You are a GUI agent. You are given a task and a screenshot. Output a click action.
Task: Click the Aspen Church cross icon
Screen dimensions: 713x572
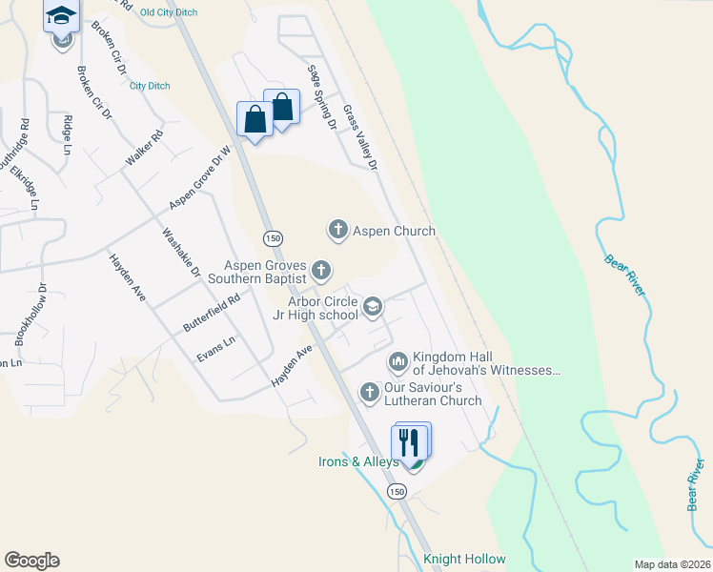(x=337, y=230)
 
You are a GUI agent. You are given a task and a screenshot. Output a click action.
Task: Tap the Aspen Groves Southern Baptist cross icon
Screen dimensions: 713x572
(x=322, y=271)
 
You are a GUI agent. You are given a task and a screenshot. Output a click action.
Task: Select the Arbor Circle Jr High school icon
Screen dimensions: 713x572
(x=373, y=306)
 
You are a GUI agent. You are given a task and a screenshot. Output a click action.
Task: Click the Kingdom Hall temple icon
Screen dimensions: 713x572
(x=397, y=361)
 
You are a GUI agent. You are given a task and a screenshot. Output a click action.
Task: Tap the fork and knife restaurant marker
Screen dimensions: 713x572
(x=409, y=442)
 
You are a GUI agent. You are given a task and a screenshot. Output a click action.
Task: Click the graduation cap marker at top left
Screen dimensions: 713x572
(x=61, y=15)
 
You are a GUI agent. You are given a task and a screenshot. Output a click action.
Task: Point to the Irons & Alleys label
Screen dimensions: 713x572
(x=357, y=462)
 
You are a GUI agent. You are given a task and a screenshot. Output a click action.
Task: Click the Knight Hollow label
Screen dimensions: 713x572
(x=464, y=559)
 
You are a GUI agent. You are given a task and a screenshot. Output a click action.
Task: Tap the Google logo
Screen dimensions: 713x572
(x=31, y=561)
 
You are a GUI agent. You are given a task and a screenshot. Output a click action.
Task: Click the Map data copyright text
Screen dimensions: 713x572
(x=671, y=564)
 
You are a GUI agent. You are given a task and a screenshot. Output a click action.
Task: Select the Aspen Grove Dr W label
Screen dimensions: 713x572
(x=200, y=178)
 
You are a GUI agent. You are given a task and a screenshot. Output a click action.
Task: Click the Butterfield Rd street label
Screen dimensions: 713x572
(x=211, y=313)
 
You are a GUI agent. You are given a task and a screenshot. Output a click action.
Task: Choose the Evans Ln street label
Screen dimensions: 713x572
(x=215, y=350)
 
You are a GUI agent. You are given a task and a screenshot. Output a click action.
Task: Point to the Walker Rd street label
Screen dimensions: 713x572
(x=145, y=150)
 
